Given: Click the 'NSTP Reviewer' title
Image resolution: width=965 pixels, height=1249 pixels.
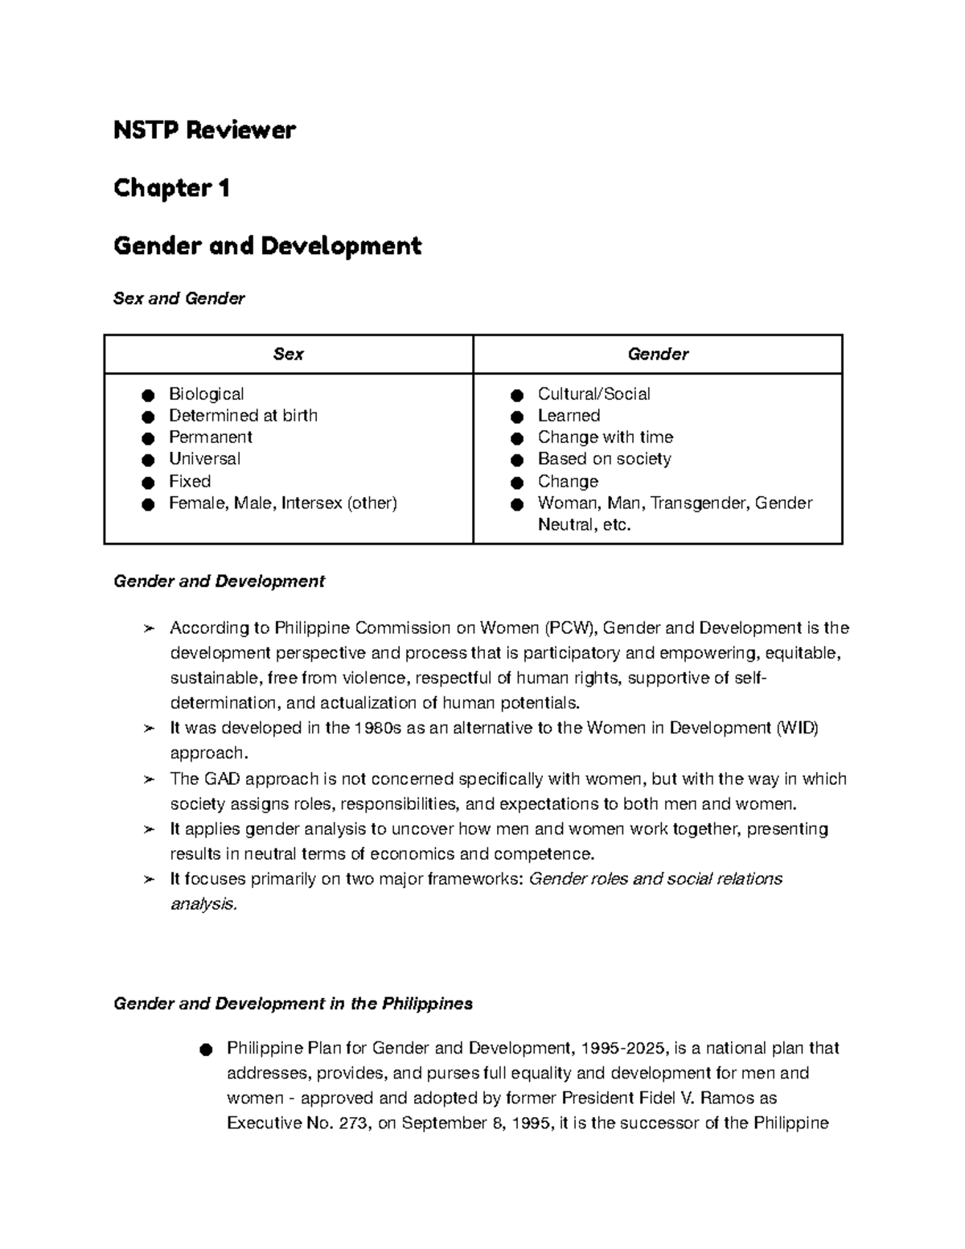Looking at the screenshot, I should (x=204, y=129).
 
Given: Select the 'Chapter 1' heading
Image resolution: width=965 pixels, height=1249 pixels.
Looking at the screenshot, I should (x=171, y=187).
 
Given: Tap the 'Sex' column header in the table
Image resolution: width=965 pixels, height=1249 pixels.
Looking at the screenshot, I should (x=288, y=354).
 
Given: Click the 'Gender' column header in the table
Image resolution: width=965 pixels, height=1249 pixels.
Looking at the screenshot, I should (x=657, y=354).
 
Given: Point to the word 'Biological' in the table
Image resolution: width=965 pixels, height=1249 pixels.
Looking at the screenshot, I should (x=206, y=394).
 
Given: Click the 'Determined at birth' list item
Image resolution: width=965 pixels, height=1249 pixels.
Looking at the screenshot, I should (x=243, y=416).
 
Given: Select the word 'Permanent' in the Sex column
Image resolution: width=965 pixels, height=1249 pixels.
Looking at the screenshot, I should (x=210, y=438).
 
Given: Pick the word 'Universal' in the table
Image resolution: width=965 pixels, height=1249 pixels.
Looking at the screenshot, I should (x=204, y=459).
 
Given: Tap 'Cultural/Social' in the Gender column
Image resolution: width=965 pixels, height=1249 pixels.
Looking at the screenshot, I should (x=593, y=394).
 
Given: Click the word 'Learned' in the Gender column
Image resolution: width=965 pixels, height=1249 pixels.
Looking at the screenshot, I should (x=569, y=416).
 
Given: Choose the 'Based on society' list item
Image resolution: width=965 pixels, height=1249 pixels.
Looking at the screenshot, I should (x=604, y=459).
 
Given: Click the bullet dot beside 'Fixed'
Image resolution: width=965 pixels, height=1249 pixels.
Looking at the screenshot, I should (x=147, y=483).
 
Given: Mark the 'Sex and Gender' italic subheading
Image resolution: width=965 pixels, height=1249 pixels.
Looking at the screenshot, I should (x=179, y=298).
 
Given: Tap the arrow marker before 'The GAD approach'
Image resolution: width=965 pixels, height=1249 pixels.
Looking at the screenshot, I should (x=148, y=779).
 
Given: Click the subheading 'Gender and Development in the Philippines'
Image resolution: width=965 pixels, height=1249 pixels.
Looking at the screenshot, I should (x=293, y=1004).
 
